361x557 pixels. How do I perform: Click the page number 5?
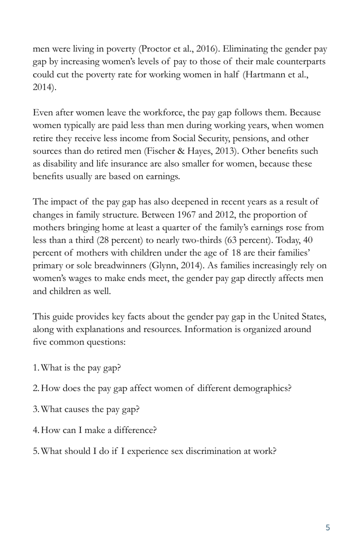tap(328, 527)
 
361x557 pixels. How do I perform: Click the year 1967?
tap(186, 215)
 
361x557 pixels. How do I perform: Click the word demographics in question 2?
tap(261, 388)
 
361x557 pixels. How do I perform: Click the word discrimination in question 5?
tap(213, 451)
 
